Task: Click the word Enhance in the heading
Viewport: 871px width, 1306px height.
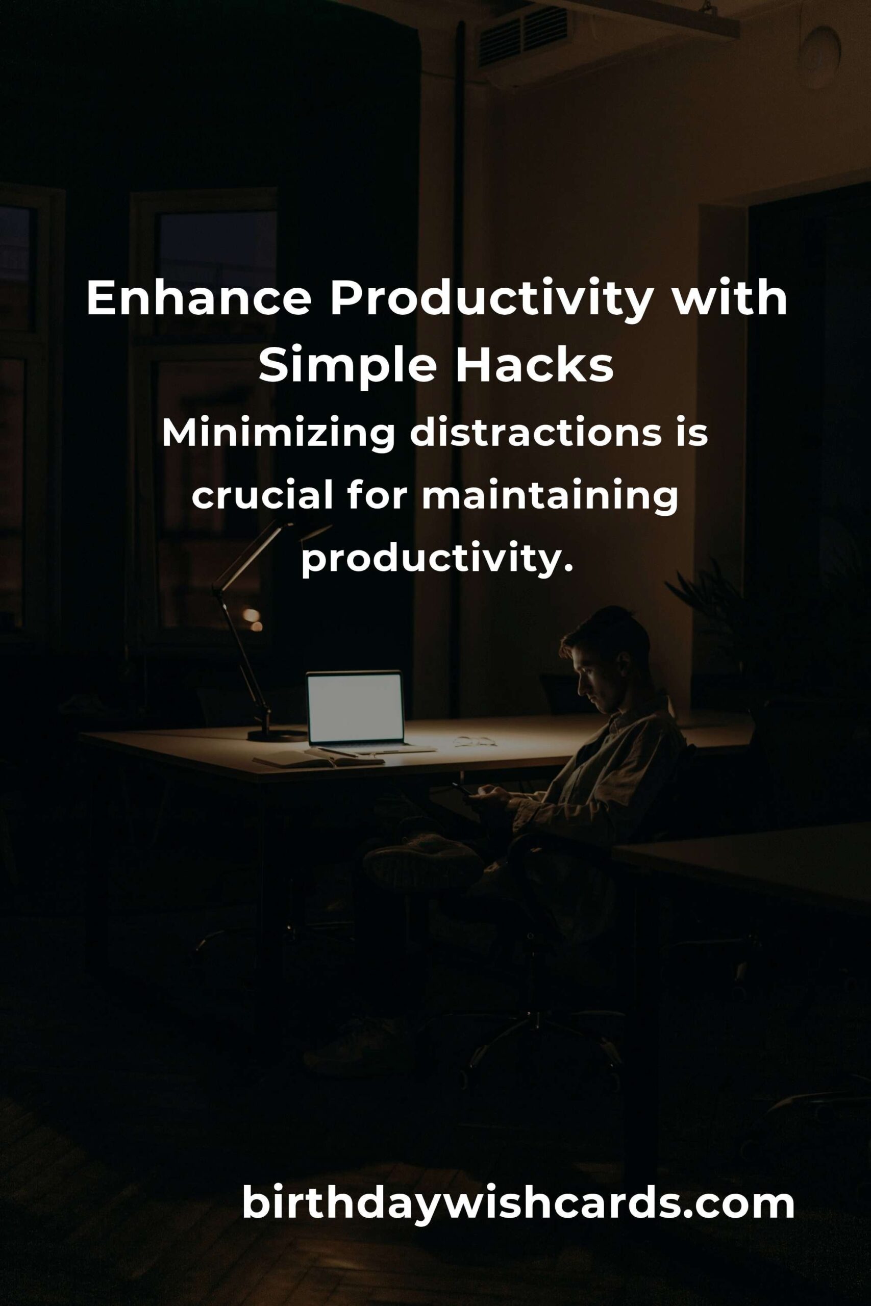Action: coord(199,299)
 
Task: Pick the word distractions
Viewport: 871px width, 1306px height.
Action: coord(535,434)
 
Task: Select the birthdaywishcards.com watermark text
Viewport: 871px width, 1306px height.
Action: coord(518,1203)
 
